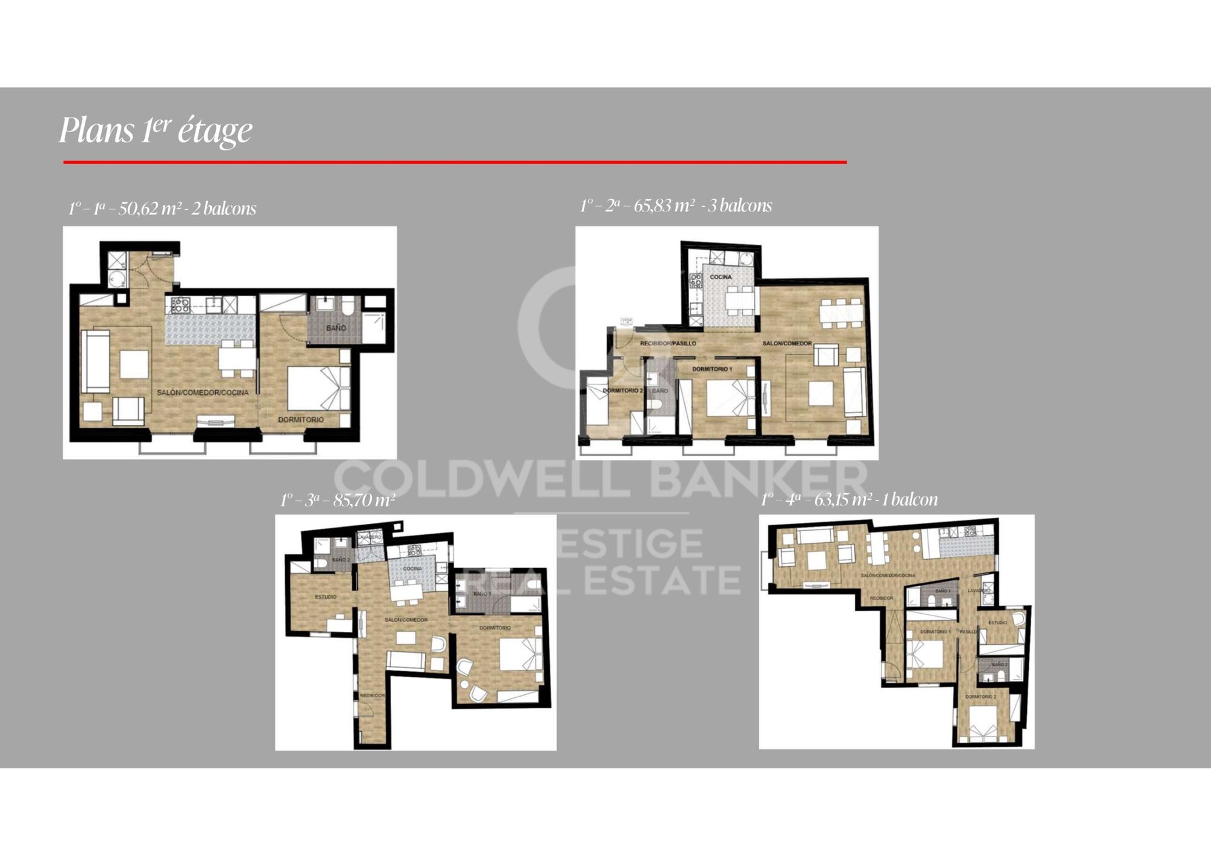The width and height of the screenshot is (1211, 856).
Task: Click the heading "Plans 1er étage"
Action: (156, 130)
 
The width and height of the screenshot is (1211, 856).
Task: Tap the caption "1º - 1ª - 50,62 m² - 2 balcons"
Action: (162, 209)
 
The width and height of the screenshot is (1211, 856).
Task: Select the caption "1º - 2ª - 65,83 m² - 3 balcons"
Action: (676, 206)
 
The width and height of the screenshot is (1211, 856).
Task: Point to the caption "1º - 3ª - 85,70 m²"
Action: (337, 500)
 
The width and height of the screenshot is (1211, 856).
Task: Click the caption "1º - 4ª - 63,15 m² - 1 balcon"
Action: (849, 500)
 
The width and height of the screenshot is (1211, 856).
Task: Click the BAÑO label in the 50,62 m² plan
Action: (336, 328)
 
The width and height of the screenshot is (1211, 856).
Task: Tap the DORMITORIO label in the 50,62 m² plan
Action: (301, 419)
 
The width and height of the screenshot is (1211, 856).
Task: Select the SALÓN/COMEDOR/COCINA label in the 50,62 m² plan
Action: (202, 393)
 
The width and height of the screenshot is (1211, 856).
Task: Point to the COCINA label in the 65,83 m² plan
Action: (721, 277)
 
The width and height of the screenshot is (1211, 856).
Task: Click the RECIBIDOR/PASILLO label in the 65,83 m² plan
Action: (668, 343)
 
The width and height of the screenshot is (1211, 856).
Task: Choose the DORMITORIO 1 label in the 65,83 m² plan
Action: (712, 369)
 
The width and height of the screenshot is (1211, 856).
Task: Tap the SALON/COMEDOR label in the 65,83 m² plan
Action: (787, 343)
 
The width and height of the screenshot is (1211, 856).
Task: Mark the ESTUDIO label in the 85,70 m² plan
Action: (326, 597)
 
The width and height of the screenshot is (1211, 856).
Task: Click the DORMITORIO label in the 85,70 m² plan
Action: (495, 628)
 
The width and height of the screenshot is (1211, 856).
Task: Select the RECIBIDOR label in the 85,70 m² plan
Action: (372, 695)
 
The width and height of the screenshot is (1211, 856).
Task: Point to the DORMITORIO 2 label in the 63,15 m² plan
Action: (980, 697)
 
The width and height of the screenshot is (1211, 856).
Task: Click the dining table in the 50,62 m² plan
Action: (237, 357)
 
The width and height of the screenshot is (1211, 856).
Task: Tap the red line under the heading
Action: (455, 162)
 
